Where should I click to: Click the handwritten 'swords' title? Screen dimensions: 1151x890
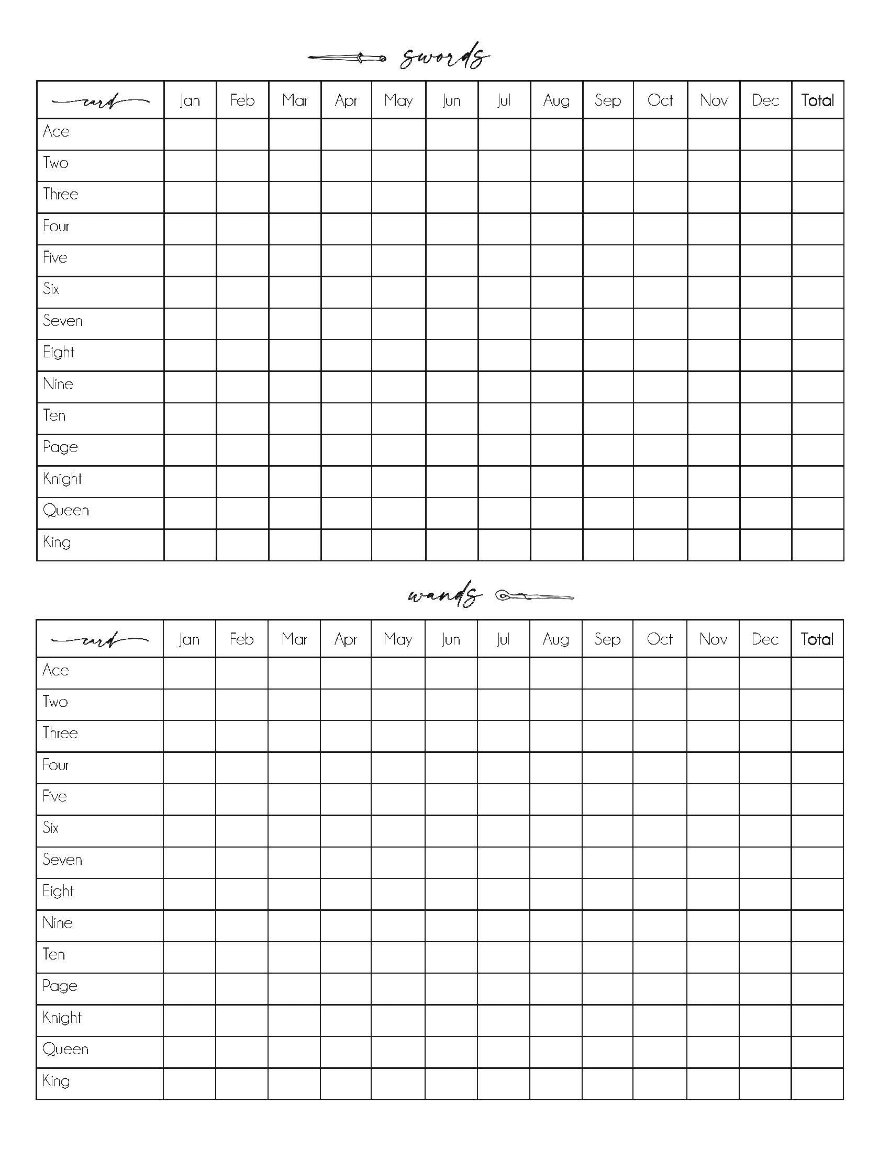444,57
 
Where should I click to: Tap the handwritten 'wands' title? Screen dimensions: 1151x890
444,595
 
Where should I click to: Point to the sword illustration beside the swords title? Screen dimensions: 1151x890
347,58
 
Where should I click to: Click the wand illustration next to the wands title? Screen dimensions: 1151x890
533,596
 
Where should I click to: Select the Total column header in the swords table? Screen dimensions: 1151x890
817,100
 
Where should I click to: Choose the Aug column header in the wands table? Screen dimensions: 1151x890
555,639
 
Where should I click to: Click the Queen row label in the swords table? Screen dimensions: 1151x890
66,510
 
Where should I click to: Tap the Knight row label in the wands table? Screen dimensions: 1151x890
62,1018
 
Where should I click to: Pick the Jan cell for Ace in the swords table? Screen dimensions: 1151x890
190,134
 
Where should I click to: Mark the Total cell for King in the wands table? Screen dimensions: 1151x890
817,1084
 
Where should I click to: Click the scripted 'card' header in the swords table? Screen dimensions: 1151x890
100,100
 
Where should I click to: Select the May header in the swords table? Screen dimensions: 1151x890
398,100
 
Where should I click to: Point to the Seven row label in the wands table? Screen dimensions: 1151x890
62,860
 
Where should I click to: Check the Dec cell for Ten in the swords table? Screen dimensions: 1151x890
765,419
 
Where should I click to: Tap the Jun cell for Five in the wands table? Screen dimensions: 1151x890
451,799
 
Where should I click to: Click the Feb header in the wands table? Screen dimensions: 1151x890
241,639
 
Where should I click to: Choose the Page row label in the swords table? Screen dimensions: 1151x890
60,447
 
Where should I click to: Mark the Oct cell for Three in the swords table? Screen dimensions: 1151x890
660,197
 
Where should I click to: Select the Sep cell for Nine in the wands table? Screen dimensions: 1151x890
607,926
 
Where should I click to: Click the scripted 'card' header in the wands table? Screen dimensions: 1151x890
99,640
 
